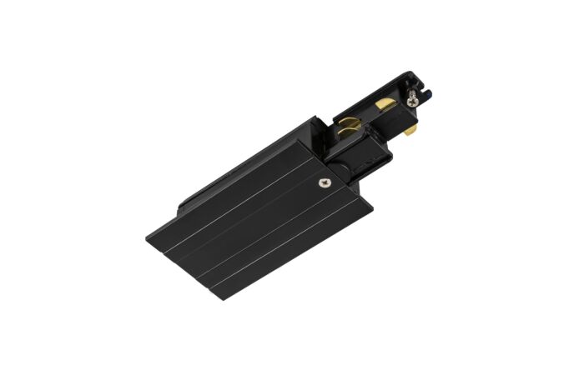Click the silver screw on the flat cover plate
pos(323,182)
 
